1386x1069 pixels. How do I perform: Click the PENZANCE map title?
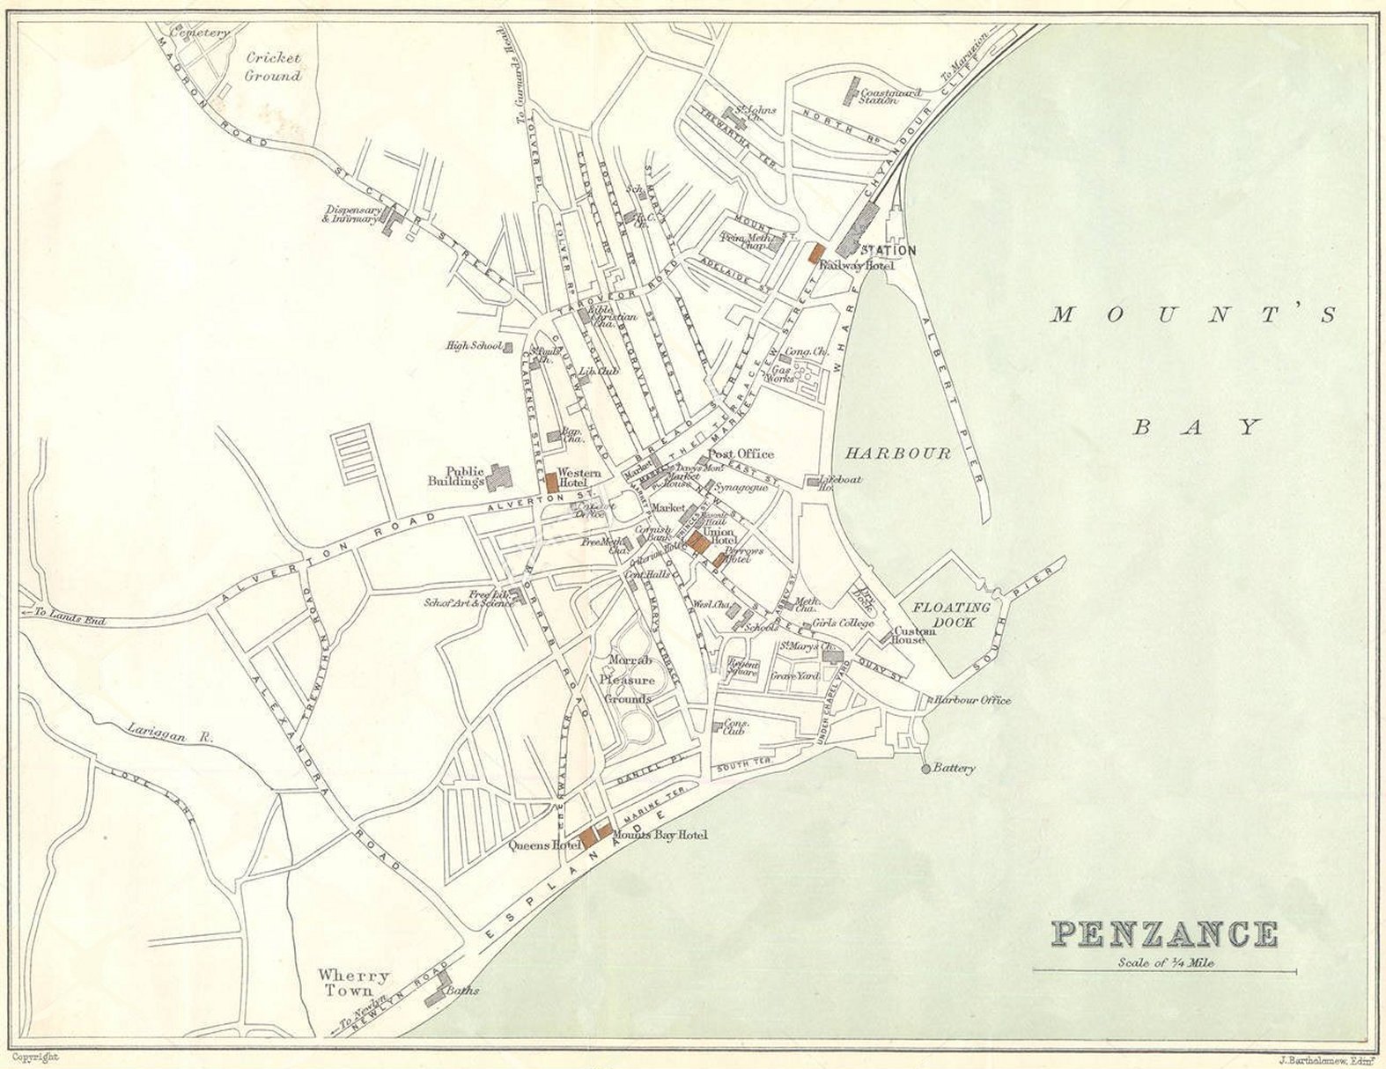[x=1165, y=934]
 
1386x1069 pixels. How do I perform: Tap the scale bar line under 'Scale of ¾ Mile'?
[x=1164, y=972]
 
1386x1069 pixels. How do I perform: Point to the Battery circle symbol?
[x=925, y=769]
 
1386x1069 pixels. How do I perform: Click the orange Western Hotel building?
[x=552, y=483]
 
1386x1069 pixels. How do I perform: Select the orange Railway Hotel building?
[x=816, y=252]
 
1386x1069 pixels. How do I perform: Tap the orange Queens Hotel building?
[x=586, y=835]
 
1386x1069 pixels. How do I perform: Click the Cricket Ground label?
[x=273, y=67]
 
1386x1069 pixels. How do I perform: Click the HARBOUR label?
[x=898, y=453]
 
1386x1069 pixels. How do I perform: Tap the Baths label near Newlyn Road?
[x=462, y=991]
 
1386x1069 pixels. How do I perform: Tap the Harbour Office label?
[x=972, y=701]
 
